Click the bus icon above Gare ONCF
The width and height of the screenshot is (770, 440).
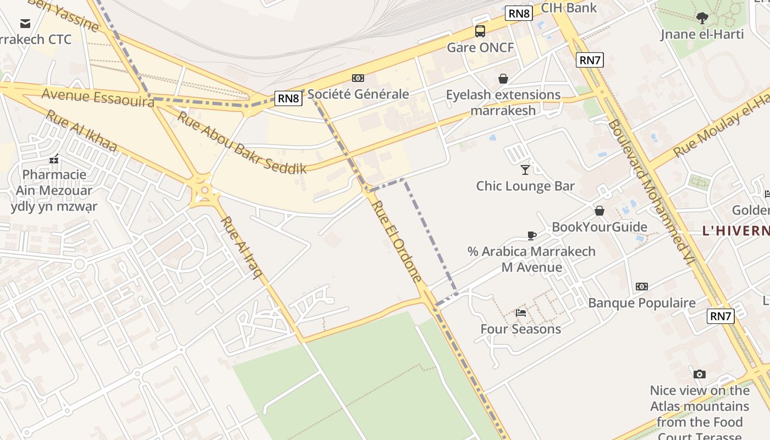(480, 31)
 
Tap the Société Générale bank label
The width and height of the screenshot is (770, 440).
(358, 94)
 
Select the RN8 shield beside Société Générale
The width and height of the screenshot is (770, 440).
(289, 98)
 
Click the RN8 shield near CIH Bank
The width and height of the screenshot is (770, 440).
(519, 13)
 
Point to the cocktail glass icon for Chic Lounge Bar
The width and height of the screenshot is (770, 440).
(525, 169)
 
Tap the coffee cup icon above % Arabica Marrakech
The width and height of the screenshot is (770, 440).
(531, 235)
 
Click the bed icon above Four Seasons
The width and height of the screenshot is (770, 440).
(521, 313)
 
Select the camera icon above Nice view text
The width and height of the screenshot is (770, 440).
(699, 374)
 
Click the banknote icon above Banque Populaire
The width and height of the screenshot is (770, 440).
(641, 287)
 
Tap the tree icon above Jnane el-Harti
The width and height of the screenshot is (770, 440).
(702, 18)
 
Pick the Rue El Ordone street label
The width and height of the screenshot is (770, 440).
(397, 241)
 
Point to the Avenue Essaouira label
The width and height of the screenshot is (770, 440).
(98, 98)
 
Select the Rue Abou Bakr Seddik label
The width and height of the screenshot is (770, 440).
(241, 142)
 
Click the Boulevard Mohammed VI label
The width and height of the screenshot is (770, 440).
(648, 190)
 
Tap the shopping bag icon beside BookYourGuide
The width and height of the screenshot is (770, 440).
(599, 211)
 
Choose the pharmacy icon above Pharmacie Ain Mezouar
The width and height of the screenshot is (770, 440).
(54, 159)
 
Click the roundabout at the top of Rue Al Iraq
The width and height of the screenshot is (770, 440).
(205, 191)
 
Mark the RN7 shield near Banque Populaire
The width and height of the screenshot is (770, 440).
(721, 316)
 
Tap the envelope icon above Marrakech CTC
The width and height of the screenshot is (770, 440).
(25, 23)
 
